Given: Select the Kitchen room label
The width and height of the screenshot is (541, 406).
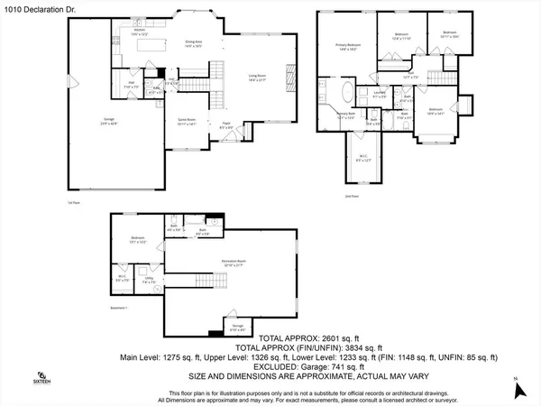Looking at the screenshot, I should click(x=140, y=32).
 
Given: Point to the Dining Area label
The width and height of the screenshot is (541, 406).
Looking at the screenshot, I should click(x=193, y=42).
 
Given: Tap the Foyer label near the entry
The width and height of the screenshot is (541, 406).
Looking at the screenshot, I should click(x=226, y=126).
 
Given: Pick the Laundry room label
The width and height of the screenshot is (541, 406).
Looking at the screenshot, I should click(x=380, y=94).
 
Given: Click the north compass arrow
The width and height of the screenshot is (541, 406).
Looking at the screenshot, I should click(x=518, y=390).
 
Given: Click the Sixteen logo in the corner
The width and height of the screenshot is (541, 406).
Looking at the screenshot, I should click(x=41, y=378).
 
